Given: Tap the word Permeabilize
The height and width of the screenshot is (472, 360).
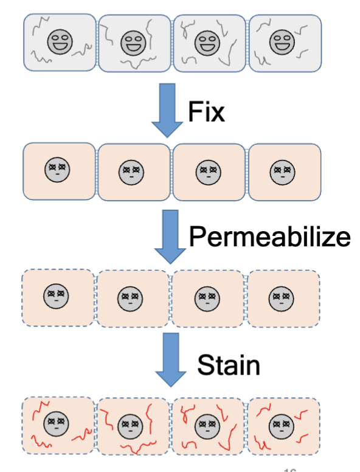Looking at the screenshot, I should pos(269,236).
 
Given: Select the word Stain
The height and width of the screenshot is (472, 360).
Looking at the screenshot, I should pos(228,365).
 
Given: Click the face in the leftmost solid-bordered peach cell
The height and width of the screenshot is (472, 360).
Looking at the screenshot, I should pos(57,168).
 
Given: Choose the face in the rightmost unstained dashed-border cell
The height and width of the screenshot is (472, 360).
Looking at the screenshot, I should pos(281,298).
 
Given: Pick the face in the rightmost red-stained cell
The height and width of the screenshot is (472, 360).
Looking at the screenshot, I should pos(280,423).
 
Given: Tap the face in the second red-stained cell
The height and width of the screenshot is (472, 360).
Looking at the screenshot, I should pos(130,425).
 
